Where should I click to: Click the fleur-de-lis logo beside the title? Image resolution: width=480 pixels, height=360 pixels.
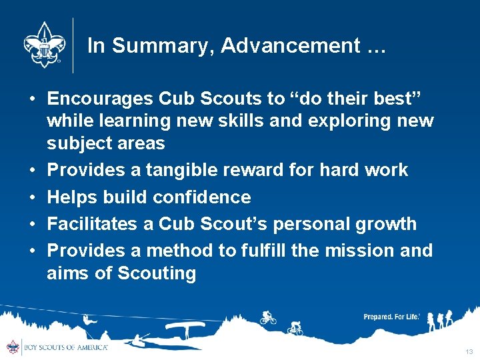point(42,44)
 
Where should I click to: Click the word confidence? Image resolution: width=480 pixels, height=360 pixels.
point(202,197)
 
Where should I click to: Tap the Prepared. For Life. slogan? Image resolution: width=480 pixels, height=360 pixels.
point(391,317)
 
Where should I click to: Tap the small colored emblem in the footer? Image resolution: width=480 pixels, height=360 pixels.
point(13,347)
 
